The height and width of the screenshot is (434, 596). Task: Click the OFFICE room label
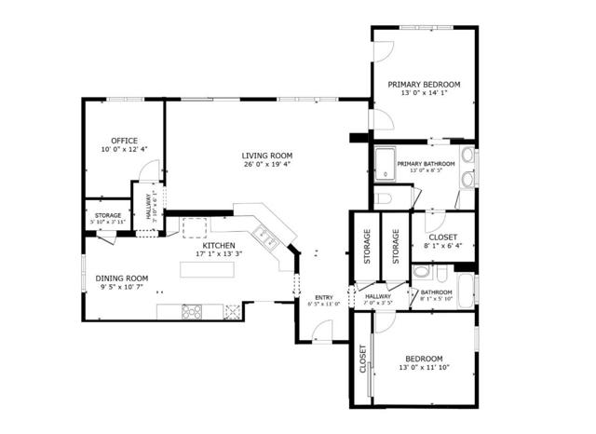(124, 142)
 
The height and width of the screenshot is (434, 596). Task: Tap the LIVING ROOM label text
(267, 156)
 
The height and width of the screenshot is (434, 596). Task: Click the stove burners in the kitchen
(191, 312)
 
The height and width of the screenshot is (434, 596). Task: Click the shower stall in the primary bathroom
(384, 165)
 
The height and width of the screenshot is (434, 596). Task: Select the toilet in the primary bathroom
(386, 198)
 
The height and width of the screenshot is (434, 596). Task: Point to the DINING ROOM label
(124, 278)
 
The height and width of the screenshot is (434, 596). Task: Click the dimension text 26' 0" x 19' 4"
(267, 164)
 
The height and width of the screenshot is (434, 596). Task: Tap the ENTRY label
(323, 297)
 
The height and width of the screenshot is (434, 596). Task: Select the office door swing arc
(147, 171)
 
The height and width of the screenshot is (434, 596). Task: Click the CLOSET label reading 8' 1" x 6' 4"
(443, 237)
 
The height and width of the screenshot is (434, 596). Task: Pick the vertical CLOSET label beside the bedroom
(363, 359)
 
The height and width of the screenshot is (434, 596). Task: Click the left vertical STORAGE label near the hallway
(367, 246)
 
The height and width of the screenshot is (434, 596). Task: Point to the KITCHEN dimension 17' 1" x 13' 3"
(219, 253)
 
